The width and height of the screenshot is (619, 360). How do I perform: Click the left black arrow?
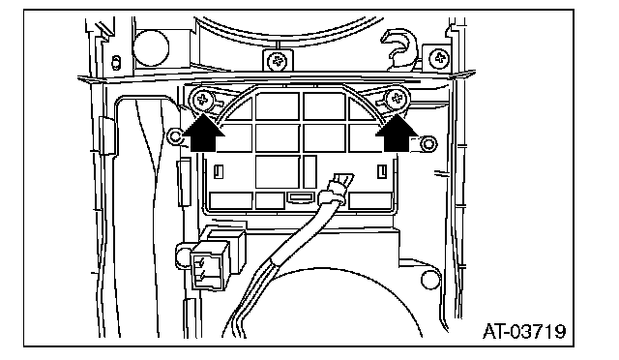pos(203,133)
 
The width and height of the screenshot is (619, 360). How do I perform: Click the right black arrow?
pos(397,133)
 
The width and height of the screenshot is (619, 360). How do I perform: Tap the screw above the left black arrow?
pos(202,99)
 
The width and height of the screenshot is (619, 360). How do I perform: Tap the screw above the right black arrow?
pos(397,98)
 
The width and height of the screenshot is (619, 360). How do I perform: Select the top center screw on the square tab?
pos(278,62)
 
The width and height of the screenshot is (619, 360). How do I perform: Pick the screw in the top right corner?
pos(439,58)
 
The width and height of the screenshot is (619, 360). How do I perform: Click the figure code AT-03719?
pos(524,331)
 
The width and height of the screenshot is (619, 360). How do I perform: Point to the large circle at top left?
pos(151,47)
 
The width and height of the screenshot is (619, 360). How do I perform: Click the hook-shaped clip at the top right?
pos(398,49)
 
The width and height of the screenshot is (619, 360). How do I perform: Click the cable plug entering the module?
pos(337,189)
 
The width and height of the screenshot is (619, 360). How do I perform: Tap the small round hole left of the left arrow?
pos(175,136)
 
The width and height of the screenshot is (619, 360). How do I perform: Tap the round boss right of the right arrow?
pos(428,144)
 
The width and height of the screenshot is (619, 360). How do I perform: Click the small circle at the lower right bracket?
pos(430,280)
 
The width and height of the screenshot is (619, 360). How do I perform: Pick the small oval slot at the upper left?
pos(116,63)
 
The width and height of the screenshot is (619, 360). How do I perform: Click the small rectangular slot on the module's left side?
pos(219,171)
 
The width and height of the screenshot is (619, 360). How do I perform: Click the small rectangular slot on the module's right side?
pos(382,171)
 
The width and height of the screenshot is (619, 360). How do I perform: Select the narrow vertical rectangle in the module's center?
pos(309,171)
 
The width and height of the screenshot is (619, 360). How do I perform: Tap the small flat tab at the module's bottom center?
pos(301,197)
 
